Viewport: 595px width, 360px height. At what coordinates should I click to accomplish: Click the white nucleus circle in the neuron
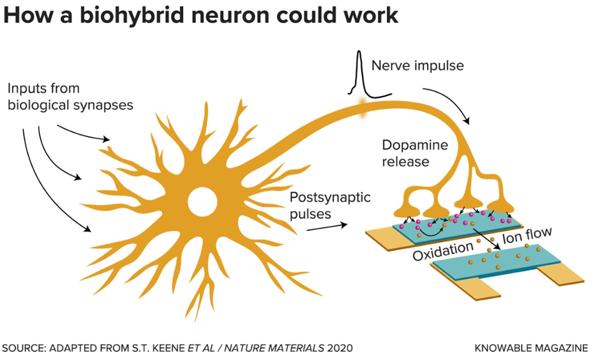coord(202,202)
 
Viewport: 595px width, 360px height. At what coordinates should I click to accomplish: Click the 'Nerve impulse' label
coord(417,66)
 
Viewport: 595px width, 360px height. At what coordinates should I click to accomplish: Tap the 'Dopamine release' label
coord(415,153)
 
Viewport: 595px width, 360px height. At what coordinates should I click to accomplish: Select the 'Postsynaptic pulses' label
coord(330,205)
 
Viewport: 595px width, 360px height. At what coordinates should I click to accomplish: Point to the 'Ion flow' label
coord(527,235)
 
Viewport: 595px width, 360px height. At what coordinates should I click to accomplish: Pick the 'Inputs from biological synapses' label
coord(70,97)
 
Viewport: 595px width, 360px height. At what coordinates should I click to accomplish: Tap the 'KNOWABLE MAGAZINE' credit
coord(531,348)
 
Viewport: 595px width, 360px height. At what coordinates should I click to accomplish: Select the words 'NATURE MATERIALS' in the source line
coord(274,348)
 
